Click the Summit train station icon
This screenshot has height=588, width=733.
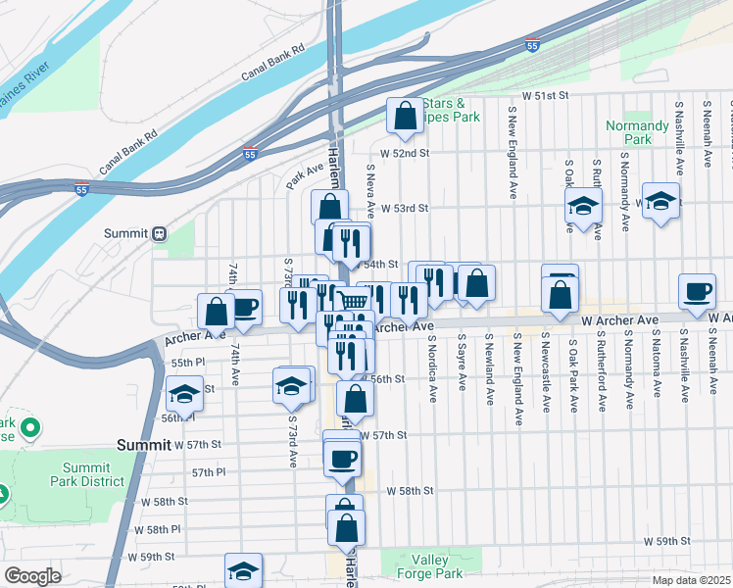[159, 233]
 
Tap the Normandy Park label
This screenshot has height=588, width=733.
[637, 132]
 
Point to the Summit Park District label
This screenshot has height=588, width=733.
[87, 474]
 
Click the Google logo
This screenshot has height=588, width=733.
[32, 576]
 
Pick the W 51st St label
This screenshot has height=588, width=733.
[546, 96]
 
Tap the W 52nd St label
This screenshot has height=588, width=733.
[406, 153]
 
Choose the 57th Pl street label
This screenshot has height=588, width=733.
[209, 472]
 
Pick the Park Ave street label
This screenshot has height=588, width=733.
[305, 176]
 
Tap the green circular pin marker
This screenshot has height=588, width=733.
[29, 428]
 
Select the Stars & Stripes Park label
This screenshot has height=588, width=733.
[452, 110]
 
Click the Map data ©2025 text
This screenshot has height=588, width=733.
[692, 580]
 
